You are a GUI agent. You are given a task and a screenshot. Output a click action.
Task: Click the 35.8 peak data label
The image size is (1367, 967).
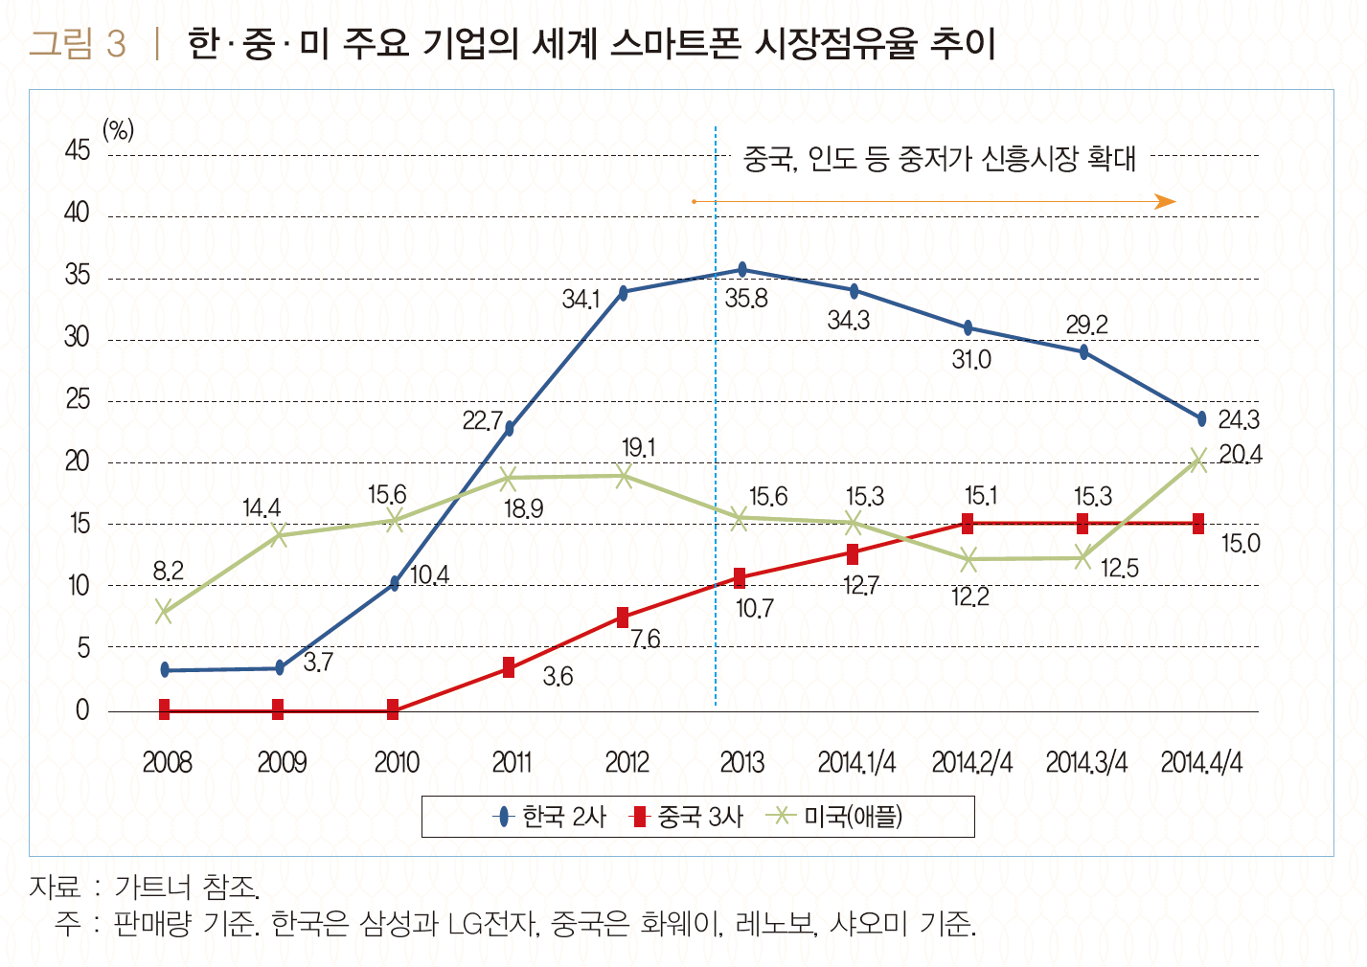pyautogui.click(x=746, y=299)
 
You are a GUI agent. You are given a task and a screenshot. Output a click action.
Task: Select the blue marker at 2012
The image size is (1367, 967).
pyautogui.click(x=624, y=293)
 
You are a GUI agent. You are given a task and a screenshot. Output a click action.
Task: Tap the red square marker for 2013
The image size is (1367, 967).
pyautogui.click(x=740, y=577)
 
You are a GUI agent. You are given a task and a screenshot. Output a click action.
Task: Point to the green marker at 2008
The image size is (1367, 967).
pyautogui.click(x=164, y=612)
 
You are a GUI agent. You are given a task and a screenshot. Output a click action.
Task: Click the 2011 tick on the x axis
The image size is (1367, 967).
pyautogui.click(x=512, y=763)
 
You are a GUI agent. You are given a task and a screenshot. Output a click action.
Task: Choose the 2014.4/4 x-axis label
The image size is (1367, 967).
pyautogui.click(x=1201, y=763)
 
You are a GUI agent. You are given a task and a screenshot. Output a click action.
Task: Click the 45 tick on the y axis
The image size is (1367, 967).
pyautogui.click(x=78, y=151)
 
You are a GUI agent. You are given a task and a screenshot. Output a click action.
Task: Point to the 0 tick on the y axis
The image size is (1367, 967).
pyautogui.click(x=82, y=710)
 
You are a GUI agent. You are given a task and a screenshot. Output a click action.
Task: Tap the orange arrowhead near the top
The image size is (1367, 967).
pyautogui.click(x=1166, y=201)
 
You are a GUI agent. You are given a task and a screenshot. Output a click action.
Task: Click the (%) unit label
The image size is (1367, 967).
pyautogui.click(x=118, y=129)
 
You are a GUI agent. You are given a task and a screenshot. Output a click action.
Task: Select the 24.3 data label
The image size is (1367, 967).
pyautogui.click(x=1239, y=419)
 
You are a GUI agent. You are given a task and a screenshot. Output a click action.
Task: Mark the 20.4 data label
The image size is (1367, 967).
pyautogui.click(x=1241, y=455)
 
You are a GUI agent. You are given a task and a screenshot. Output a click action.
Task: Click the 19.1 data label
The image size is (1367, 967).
pyautogui.click(x=639, y=448)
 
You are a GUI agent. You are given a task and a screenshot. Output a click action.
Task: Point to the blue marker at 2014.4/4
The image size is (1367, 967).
pyautogui.click(x=1201, y=418)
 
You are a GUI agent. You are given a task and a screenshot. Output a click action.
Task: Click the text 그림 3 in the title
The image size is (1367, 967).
pyautogui.click(x=78, y=44)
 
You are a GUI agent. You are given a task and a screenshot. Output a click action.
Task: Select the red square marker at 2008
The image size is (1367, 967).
pyautogui.click(x=164, y=709)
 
